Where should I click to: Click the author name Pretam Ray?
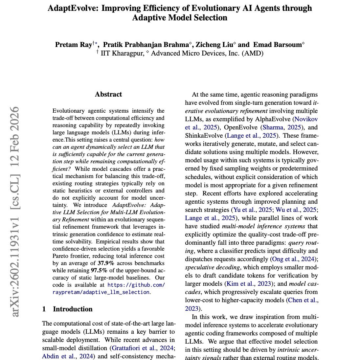coord(74,45)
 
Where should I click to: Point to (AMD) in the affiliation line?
coord(253,53)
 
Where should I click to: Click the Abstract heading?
coord(108,94)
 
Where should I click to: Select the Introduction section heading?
coord(73,309)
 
